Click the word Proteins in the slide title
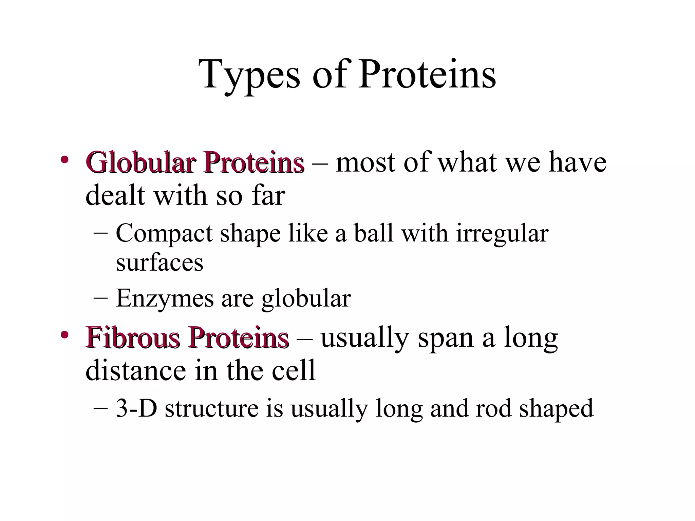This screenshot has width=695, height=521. point(427,75)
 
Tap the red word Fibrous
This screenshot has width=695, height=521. point(133,337)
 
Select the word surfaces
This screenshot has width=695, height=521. point(159,263)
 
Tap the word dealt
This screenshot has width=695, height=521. point(116,196)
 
